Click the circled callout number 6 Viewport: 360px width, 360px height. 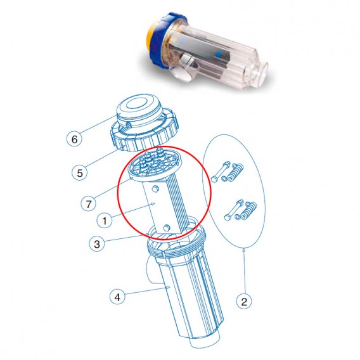click(75, 138)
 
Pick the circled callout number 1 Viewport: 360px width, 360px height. click(103, 220)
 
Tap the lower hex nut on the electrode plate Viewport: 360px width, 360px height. click(166, 228)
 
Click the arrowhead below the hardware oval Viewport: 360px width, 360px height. click(244, 252)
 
